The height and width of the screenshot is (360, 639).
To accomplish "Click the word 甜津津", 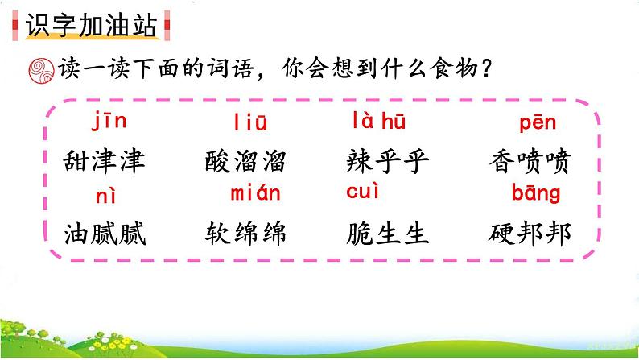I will point(105,163).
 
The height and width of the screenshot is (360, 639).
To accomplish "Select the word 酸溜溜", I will point(246,163).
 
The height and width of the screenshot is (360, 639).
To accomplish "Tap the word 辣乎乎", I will point(389,163).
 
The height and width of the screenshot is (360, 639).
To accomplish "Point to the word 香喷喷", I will point(530,163).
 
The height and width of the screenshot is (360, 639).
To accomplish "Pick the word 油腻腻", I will point(105,233).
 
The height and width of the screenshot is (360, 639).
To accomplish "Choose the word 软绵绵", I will point(246,233).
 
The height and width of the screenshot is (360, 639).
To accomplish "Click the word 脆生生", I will point(389,233).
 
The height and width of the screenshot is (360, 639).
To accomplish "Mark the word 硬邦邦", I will point(530,233).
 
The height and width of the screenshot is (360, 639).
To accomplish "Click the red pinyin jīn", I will point(109,122).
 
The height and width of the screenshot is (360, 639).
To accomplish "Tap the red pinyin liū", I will point(250,123).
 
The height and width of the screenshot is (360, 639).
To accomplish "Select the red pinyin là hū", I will point(378,122).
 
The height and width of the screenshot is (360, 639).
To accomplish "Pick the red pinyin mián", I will point(255,193).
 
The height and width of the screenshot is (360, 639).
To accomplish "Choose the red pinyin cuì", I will point(362,192).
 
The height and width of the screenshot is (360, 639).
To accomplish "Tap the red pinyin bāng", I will point(536,194).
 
